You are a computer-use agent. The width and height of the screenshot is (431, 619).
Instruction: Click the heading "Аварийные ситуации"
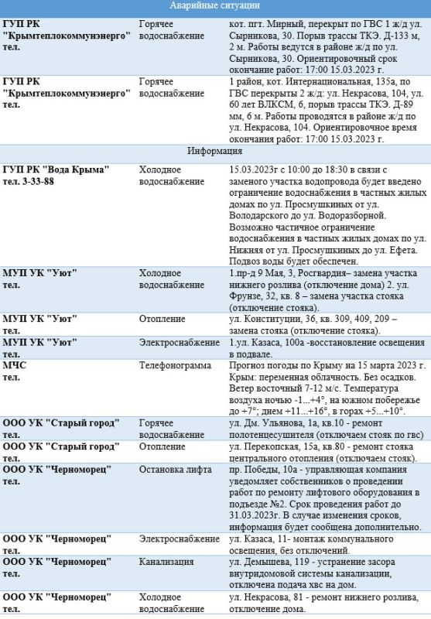tap(215, 6)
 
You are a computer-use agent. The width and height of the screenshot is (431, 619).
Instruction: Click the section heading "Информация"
tap(215, 151)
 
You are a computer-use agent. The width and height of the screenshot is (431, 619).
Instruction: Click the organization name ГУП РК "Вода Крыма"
tap(56, 169)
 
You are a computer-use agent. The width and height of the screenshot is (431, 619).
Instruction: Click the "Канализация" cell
tap(167, 563)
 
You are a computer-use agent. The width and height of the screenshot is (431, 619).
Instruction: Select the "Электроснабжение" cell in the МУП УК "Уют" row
tap(179, 341)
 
